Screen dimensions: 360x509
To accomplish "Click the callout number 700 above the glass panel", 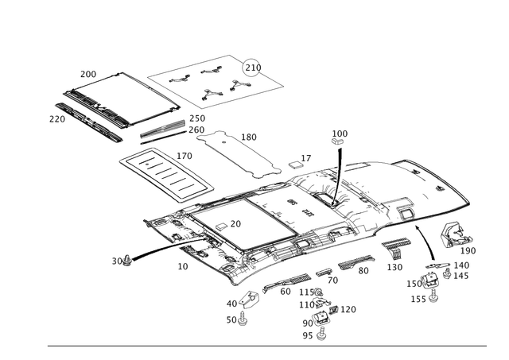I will pos(87,73).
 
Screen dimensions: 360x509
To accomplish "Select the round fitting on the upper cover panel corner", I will pos(253,63).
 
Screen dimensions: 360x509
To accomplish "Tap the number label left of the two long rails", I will pos(56,119).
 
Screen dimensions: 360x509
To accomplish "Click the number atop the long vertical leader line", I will pos(340,132).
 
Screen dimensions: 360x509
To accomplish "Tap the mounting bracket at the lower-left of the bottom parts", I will pos(247,299).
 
